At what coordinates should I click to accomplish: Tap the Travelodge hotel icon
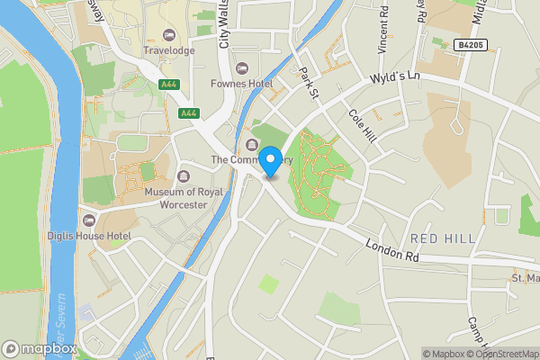[168, 35]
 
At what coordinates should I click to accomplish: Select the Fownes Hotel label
[267, 84]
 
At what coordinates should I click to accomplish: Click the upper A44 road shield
[167, 84]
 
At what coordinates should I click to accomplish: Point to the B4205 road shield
[471, 44]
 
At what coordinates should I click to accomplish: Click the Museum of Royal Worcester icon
[184, 176]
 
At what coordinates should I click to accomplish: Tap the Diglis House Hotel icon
[88, 220]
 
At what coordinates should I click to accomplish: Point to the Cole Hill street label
[361, 126]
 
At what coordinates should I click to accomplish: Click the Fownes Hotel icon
[240, 68]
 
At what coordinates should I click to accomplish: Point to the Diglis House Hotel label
[94, 236]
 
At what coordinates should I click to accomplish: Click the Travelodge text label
[168, 50]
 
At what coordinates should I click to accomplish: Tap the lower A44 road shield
[188, 113]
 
